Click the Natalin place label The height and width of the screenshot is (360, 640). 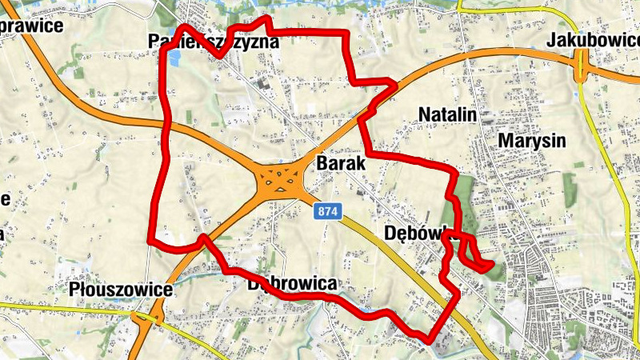pos(447,115)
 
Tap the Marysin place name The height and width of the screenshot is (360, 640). pos(531,141)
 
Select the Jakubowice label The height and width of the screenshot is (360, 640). pos(592,41)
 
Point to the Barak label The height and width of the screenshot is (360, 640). pos(341,162)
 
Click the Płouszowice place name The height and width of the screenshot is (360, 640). pos(120,289)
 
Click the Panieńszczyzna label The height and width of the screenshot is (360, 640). pos(214,41)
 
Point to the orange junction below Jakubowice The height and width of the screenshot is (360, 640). pos(582,71)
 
